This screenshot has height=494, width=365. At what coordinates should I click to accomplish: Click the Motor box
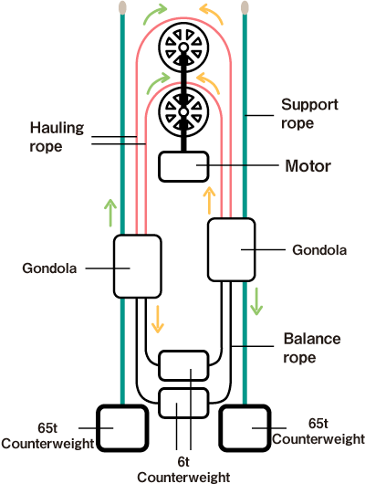coord(183,167)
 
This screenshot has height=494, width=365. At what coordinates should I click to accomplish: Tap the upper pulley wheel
coord(183,47)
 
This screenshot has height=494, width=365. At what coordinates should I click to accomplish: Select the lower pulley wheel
coord(183,111)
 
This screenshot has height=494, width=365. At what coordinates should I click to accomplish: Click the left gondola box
coord(137,267)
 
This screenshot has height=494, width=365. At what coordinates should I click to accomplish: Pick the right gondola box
coord(232,249)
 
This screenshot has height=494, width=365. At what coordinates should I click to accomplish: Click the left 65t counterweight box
coord(122,428)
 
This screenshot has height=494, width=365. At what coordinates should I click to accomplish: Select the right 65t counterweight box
coord(245,428)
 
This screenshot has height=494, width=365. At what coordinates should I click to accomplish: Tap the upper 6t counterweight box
coord(183,365)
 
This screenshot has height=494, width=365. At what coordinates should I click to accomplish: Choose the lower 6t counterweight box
coord(183,403)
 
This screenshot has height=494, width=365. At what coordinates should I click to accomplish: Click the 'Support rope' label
coord(309,113)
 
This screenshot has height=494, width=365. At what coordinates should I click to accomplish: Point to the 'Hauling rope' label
coord(57,137)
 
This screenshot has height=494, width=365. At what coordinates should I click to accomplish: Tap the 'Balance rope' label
coord(312,348)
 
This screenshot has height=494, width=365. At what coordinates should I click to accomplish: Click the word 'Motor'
coord(308,166)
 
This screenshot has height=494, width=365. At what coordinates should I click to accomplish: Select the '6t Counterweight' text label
coord(183,469)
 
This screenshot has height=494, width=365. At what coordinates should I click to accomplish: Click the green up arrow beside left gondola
coord(110,213)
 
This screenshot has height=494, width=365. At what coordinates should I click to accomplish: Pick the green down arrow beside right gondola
coord(256,301)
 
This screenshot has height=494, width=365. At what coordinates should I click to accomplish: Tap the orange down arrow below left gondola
coord(158,320)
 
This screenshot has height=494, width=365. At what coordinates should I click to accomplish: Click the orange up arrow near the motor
coord(209,200)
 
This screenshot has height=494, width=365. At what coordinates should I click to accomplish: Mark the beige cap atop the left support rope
coord(122,7)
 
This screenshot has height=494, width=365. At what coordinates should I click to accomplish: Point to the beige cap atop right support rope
coord(245,7)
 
